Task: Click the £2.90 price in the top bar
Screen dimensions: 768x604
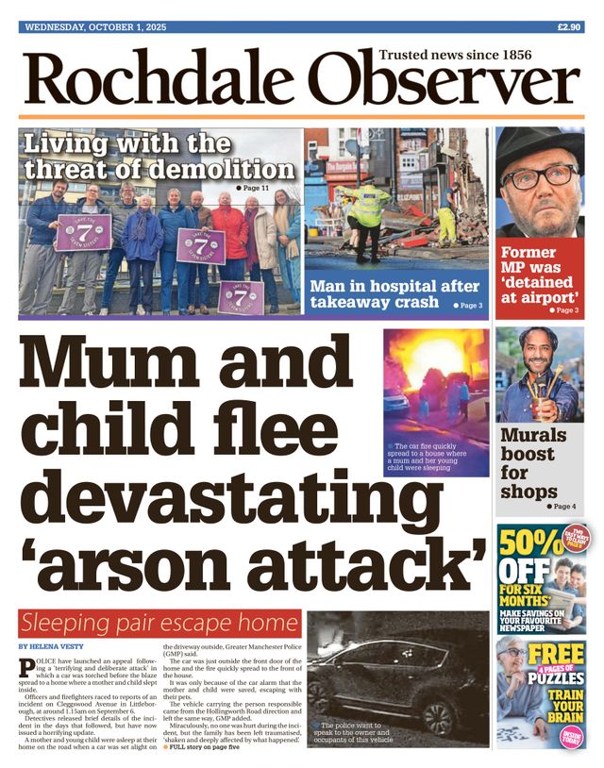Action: click(x=568, y=27)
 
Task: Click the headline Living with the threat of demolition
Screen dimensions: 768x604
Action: click(x=159, y=158)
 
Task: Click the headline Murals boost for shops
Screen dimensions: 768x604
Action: click(x=533, y=462)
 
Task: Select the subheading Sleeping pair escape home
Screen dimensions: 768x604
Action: click(x=159, y=623)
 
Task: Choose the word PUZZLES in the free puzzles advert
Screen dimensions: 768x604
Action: click(x=549, y=676)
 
